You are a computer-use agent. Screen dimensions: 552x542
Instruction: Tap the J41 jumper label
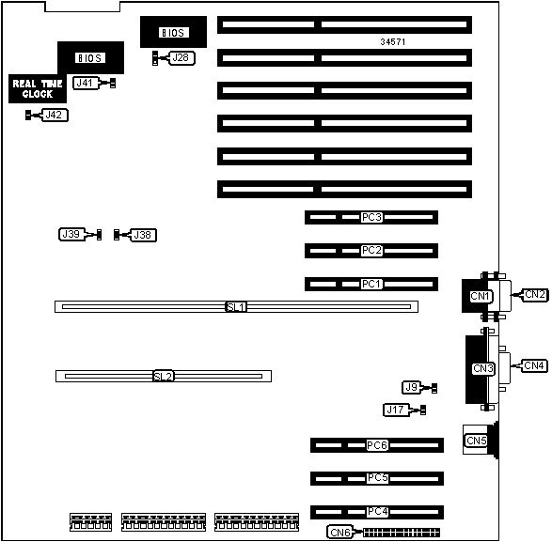(x=86, y=83)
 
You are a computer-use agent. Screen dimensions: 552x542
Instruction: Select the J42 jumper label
(x=55, y=115)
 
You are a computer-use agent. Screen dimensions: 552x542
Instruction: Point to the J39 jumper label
(x=71, y=234)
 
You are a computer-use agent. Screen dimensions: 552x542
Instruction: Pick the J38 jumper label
(x=143, y=235)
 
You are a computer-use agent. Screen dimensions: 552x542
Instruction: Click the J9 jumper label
(x=412, y=388)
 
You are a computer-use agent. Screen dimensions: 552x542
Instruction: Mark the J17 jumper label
(x=396, y=410)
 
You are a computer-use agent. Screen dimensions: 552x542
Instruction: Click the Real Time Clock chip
(x=38, y=88)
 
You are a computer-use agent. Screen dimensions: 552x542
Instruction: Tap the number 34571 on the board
(x=393, y=42)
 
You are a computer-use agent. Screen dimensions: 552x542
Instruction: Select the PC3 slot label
(x=371, y=217)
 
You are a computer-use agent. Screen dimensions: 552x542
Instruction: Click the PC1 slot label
(x=371, y=284)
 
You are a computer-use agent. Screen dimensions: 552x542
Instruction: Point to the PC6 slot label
(x=377, y=445)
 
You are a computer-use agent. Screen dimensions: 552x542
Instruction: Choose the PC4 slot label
(x=377, y=512)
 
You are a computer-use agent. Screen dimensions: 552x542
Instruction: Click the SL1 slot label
(x=236, y=307)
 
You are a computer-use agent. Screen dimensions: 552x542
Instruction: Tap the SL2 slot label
(x=164, y=377)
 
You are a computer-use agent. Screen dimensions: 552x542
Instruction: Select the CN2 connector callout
(x=535, y=295)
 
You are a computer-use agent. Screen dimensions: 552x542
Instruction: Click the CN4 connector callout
(x=534, y=365)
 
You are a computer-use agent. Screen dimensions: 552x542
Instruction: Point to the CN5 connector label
(x=477, y=441)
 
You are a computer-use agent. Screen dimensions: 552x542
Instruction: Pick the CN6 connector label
(x=340, y=533)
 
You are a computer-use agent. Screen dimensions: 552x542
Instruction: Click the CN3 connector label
(x=483, y=368)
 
